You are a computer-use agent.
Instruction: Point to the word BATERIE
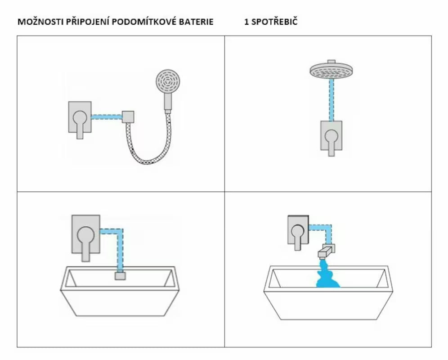point(196,22)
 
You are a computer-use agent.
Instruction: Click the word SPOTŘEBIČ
point(274,22)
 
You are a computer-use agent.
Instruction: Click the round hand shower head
point(168,81)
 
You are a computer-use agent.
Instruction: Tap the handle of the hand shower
point(168,102)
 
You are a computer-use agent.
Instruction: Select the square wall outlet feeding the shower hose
point(128,117)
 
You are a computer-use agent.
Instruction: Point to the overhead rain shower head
point(331,70)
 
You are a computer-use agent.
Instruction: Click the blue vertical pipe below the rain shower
point(332,100)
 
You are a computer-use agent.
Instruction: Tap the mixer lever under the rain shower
point(331,142)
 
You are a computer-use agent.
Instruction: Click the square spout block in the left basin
point(120,276)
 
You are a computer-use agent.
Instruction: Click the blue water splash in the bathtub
point(327,274)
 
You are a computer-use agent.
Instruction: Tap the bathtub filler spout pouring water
point(326,251)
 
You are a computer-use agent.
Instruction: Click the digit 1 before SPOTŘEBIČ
point(246,22)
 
